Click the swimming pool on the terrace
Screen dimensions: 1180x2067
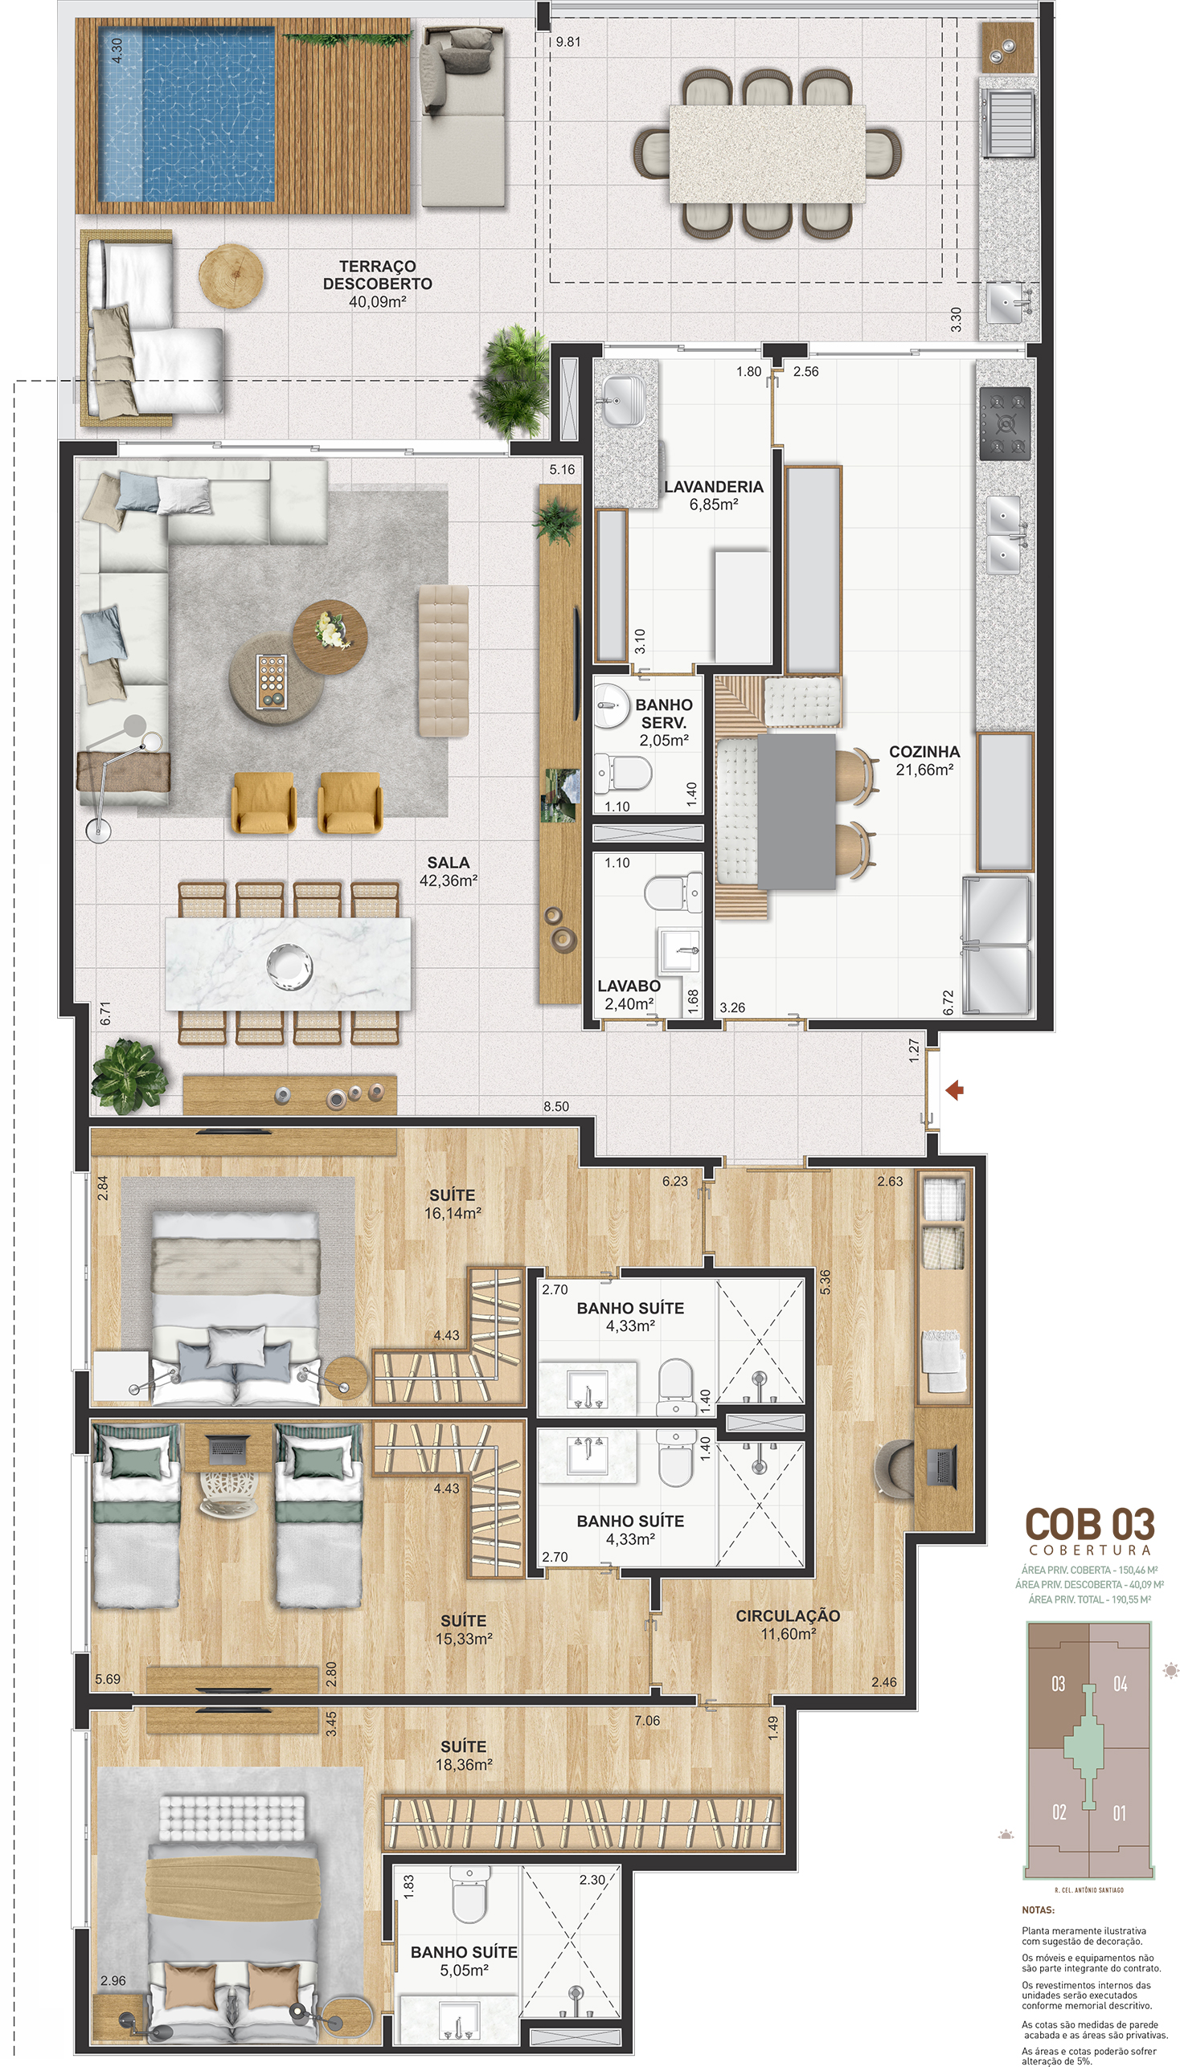[186, 113]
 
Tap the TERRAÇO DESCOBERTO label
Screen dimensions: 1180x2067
[378, 276]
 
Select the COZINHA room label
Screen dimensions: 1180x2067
[924, 752]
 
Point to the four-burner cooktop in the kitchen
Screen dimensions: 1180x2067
[1005, 423]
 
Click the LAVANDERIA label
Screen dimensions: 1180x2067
[713, 487]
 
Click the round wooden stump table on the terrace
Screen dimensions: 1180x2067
[231, 276]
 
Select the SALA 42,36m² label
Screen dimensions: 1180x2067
[449, 872]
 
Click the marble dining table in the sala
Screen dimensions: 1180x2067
[288, 963]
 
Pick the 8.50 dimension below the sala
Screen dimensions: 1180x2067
[556, 1106]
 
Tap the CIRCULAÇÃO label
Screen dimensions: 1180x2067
[788, 1615]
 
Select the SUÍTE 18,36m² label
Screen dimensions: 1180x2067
[464, 1755]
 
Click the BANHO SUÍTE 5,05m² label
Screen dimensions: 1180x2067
[464, 1961]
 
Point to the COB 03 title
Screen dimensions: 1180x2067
[1089, 1524]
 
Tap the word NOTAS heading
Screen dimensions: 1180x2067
[1039, 1910]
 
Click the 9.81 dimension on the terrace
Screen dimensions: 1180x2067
[568, 42]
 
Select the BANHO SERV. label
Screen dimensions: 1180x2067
[664, 713]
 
